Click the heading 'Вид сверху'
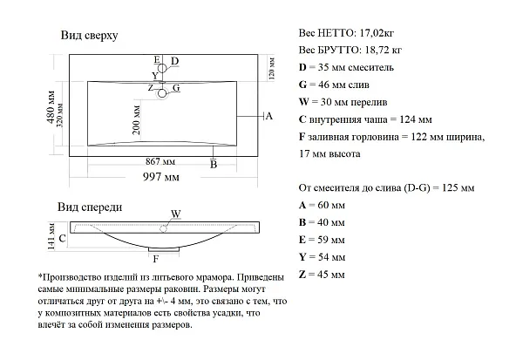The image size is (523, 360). pyautogui.click(x=90, y=36)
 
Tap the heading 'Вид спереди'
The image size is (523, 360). pyautogui.click(x=90, y=207)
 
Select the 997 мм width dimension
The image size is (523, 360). pyautogui.click(x=161, y=177)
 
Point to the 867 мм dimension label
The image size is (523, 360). pyautogui.click(x=160, y=161)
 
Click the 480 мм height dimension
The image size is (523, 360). pyautogui.click(x=51, y=106)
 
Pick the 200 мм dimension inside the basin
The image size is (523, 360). pyautogui.click(x=137, y=120)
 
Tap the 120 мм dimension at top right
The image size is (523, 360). pyautogui.click(x=271, y=68)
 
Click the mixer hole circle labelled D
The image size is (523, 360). pyautogui.click(x=162, y=68)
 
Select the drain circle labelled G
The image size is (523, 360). pyautogui.click(x=162, y=93)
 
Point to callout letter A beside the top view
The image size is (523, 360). pyautogui.click(x=269, y=116)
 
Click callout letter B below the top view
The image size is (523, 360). pyautogui.click(x=214, y=165)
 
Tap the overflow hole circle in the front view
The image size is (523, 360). pyautogui.click(x=164, y=228)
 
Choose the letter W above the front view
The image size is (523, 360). pyautogui.click(x=176, y=214)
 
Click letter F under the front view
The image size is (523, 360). pyautogui.click(x=155, y=259)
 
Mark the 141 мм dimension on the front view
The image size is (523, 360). pyautogui.click(x=51, y=236)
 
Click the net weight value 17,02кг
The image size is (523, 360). pyautogui.click(x=376, y=33)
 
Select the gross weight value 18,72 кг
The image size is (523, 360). pyautogui.click(x=384, y=50)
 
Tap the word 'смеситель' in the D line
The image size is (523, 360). pyautogui.click(x=370, y=68)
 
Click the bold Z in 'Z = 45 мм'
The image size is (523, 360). pyautogui.click(x=302, y=275)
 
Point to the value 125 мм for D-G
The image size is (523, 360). pyautogui.click(x=458, y=187)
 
